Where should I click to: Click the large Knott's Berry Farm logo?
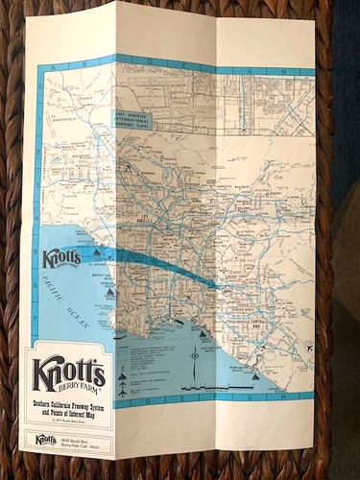(x=70, y=374)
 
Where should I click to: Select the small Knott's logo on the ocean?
(x=62, y=259)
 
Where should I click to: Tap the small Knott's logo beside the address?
(x=43, y=441)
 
